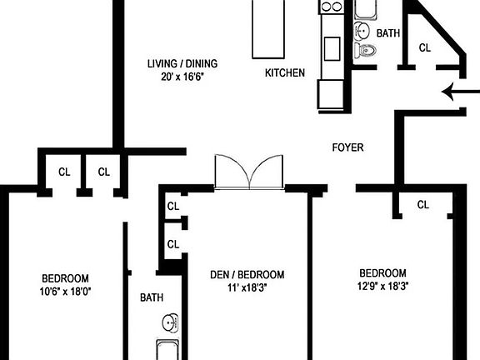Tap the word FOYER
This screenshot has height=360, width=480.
coord(347,147)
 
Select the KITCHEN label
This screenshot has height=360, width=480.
coord(284,72)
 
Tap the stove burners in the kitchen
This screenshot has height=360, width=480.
coord(332,7)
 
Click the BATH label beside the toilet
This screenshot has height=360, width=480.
coord(388,34)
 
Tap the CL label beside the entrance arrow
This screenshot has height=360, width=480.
coord(424,47)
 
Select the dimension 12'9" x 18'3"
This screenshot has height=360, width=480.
coord(382,286)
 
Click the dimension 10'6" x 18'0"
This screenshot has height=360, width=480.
coord(65,292)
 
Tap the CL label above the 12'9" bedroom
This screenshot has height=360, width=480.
coord(422,204)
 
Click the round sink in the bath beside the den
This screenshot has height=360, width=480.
coord(171,322)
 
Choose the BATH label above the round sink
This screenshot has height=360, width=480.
coord(152,297)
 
